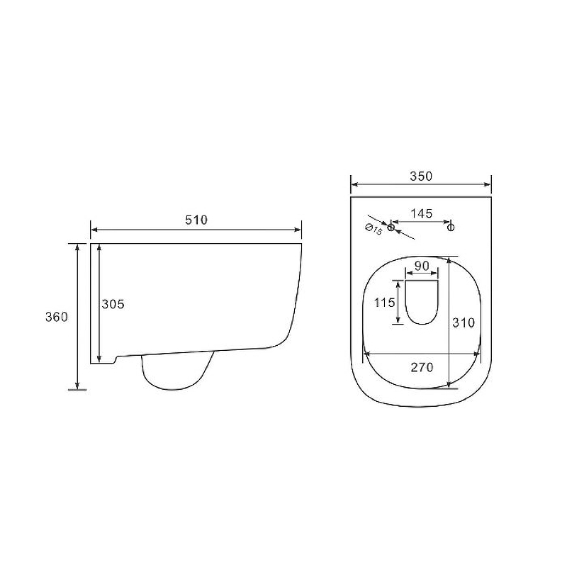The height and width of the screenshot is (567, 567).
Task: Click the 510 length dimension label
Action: [196, 220]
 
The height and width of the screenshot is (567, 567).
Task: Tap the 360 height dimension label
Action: [57, 317]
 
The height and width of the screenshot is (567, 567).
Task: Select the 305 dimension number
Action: [113, 304]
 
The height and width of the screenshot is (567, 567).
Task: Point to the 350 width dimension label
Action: [421, 176]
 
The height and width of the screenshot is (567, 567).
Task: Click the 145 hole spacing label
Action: [421, 213]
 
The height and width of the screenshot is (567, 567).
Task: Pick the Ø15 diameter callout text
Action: [374, 230]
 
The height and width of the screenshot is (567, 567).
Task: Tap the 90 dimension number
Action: [422, 266]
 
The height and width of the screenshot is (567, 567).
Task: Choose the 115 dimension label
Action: [384, 303]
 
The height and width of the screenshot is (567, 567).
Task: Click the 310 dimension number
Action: [464, 322]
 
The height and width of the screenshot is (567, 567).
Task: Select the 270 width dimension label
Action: [422, 367]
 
